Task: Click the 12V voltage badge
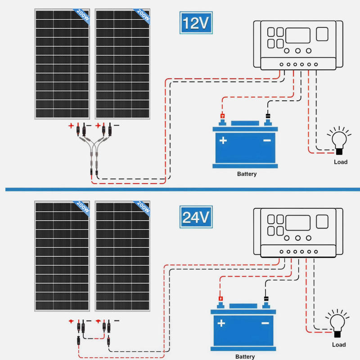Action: tap(196, 23)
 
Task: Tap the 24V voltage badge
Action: tap(196, 217)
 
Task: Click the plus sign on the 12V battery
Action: tap(223, 140)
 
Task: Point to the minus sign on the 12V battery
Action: tap(267, 140)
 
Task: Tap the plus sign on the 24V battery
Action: tap(221, 323)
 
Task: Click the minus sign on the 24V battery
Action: tap(265, 323)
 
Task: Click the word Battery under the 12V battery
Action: tap(247, 174)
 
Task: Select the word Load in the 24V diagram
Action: tap(339, 345)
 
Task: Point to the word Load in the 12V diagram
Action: tap(341, 162)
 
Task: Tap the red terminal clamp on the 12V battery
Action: tap(222, 116)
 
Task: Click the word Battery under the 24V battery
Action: tap(245, 356)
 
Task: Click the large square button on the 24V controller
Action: tap(322, 221)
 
